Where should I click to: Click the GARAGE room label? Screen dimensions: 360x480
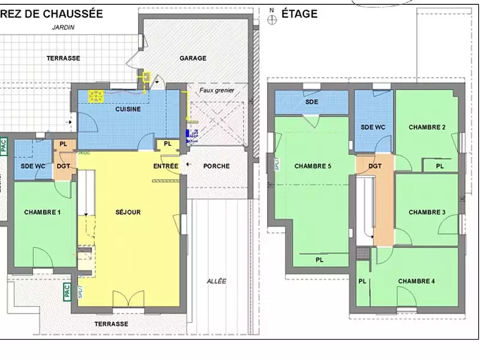point(193,58)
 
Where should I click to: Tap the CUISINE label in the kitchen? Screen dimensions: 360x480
point(128,109)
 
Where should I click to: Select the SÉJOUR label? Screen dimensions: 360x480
point(128,212)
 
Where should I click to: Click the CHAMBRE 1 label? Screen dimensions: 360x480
point(42,212)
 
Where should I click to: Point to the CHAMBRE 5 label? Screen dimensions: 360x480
point(313,166)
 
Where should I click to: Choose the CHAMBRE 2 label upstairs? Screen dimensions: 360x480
point(427,127)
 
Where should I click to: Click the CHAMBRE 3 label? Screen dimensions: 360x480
point(427,212)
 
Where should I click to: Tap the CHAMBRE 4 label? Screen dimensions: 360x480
point(416,281)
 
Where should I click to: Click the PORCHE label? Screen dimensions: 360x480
point(217,166)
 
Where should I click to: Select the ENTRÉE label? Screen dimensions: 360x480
point(166,166)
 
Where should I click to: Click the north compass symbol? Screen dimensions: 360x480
point(272,18)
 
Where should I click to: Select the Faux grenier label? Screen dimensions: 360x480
point(217,91)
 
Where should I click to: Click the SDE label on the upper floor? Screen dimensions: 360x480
point(311,102)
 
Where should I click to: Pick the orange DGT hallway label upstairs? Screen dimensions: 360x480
point(375,166)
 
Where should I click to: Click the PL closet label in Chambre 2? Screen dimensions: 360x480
point(439,166)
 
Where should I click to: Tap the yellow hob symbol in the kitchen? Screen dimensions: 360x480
point(96,95)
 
